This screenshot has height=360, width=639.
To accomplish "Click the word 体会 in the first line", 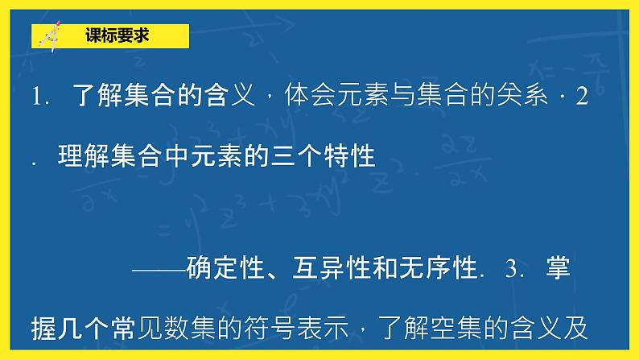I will tap(306, 97).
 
